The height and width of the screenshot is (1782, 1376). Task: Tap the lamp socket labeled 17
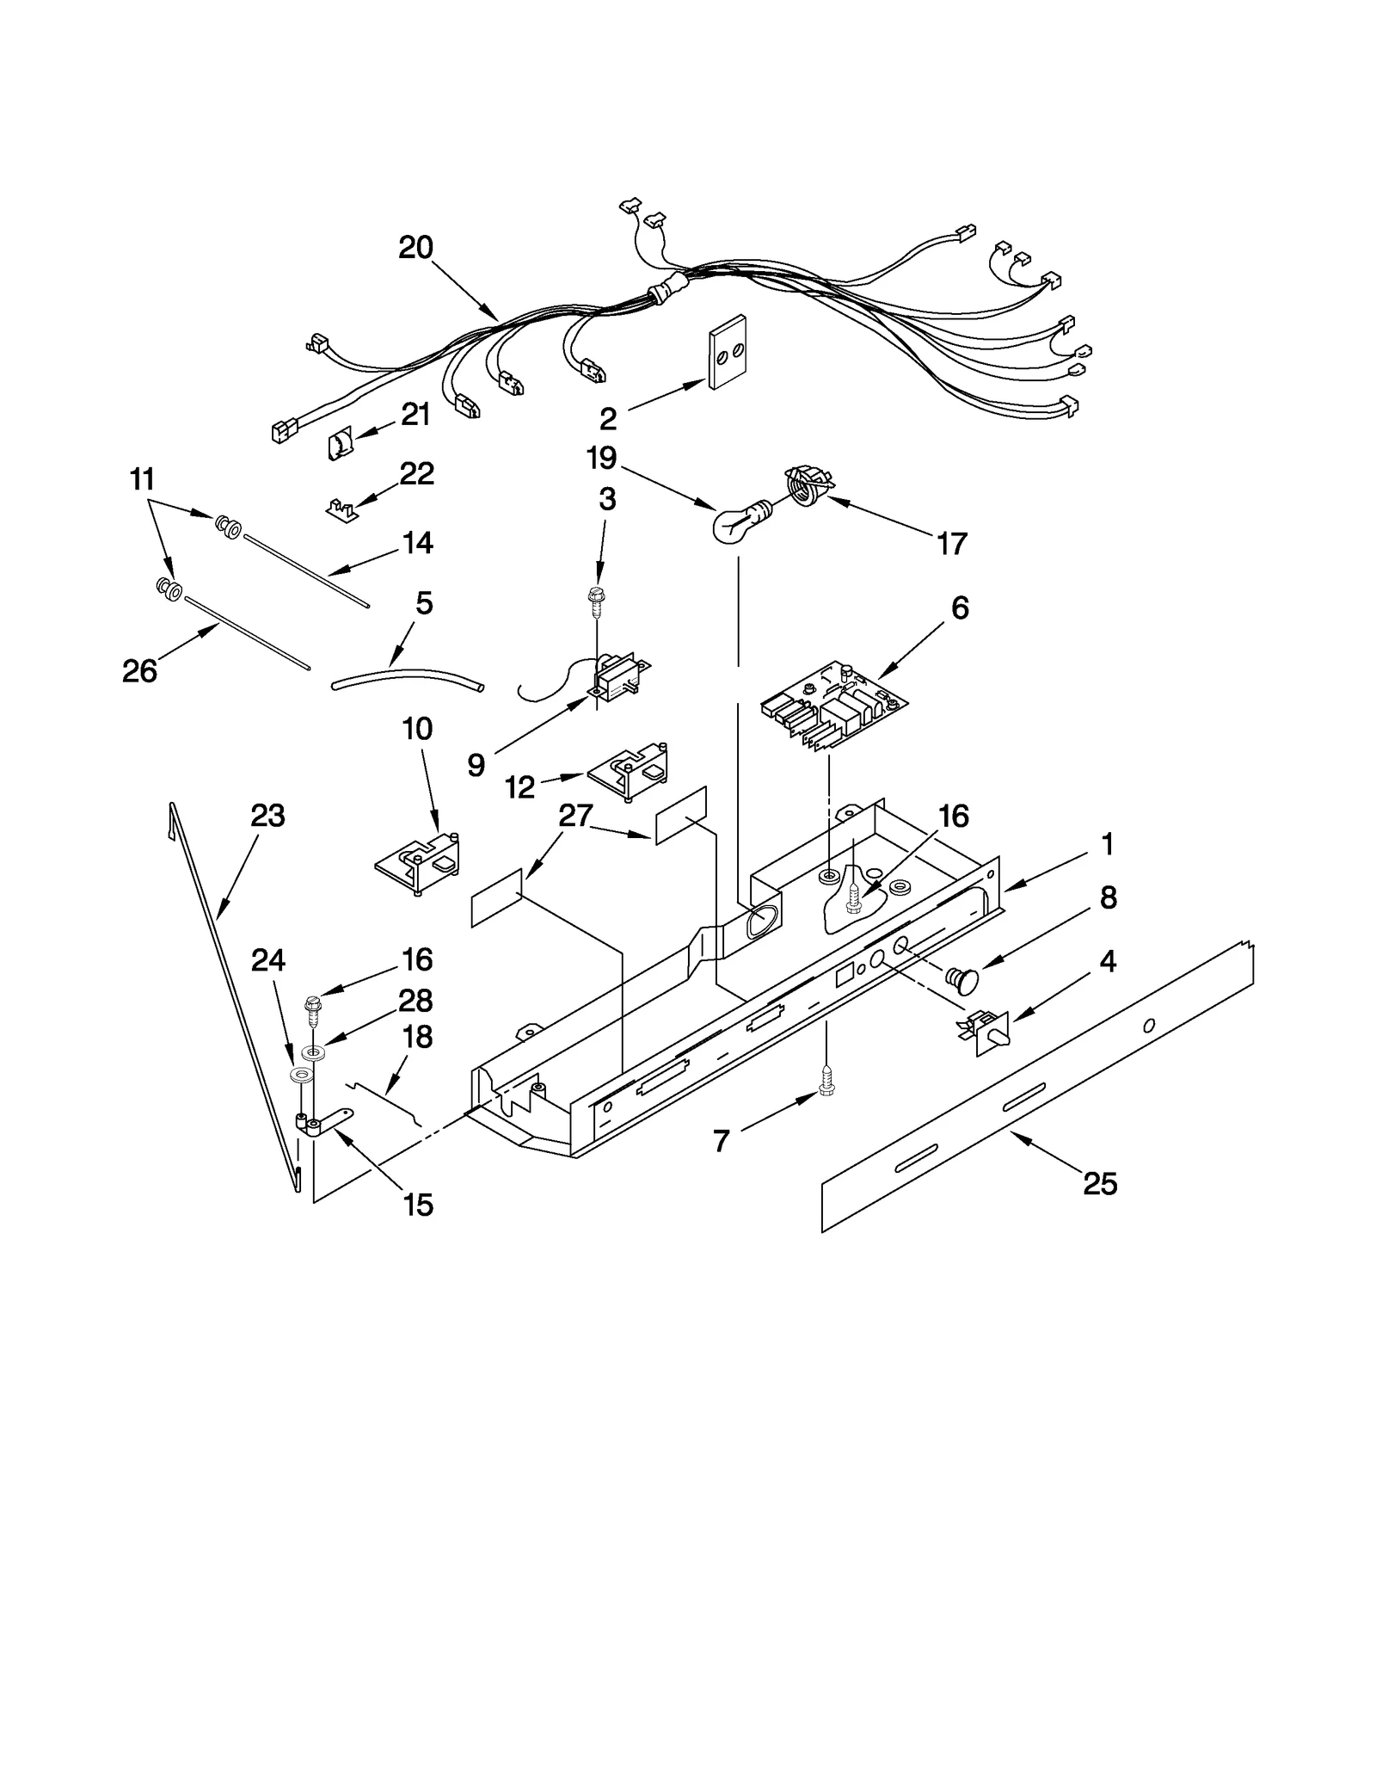pyautogui.click(x=807, y=487)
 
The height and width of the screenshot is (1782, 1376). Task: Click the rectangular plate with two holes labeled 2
pyautogui.click(x=727, y=352)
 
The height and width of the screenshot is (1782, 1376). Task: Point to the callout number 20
pyautogui.click(x=415, y=248)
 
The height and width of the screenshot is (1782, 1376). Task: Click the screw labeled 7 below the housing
pyautogui.click(x=827, y=1079)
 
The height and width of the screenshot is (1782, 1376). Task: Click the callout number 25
pyautogui.click(x=1100, y=1184)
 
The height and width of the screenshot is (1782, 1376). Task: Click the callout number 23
pyautogui.click(x=267, y=815)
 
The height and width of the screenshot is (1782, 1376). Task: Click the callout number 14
pyautogui.click(x=417, y=543)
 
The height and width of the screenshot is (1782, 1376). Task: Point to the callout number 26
pyautogui.click(x=139, y=671)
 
